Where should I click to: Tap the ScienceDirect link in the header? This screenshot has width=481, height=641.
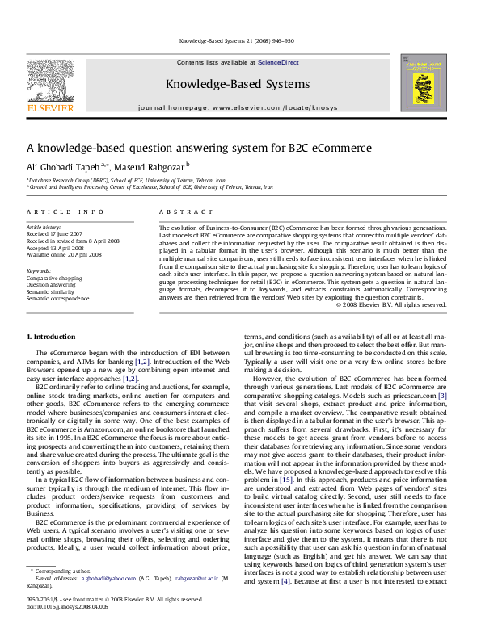click(x=279, y=62)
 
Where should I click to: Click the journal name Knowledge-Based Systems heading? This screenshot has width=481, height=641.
click(x=237, y=84)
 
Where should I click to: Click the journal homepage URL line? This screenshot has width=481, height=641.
click(x=237, y=107)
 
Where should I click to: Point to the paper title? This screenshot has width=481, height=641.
click(x=188, y=148)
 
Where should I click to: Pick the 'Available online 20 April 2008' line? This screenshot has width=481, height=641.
click(x=64, y=254)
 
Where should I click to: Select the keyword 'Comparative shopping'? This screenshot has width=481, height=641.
click(x=54, y=278)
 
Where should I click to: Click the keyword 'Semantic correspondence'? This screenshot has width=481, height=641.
click(x=58, y=298)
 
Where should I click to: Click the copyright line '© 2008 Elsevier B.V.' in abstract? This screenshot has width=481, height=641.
click(x=390, y=304)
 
